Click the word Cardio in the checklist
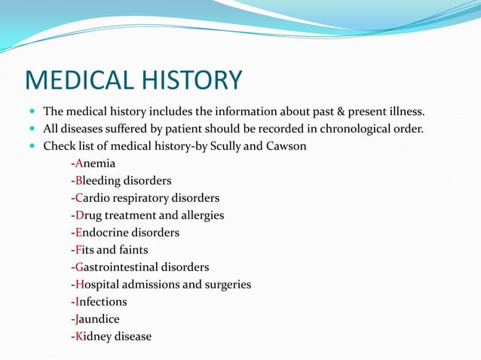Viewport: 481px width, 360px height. point(94,198)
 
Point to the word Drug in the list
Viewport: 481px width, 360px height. point(88,215)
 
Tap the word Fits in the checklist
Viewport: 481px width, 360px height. point(84,250)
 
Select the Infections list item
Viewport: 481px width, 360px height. point(100,302)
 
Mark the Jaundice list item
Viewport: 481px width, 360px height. point(97,319)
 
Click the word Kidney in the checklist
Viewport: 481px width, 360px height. point(93,337)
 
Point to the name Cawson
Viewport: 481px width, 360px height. point(286,146)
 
